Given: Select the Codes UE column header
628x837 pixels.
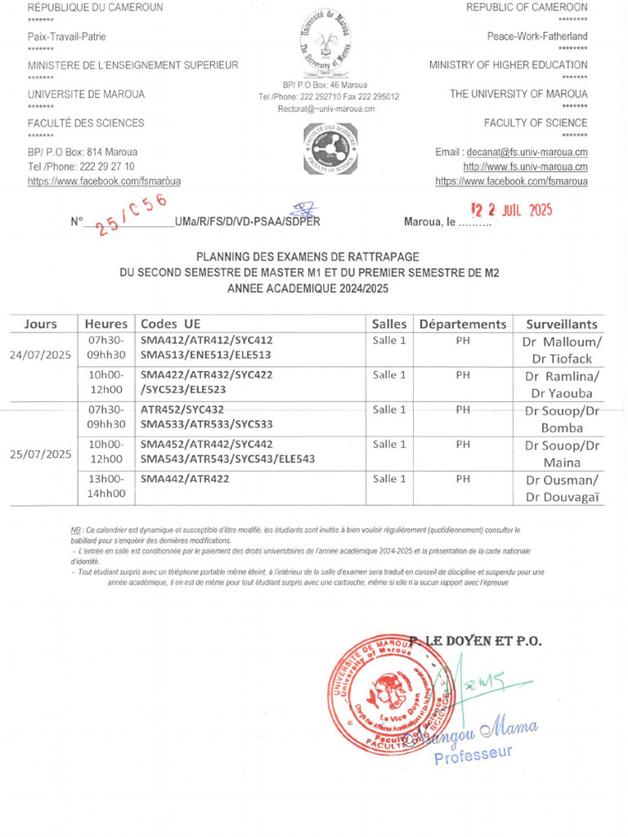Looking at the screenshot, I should (x=170, y=324).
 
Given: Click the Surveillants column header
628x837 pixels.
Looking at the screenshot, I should (x=561, y=324).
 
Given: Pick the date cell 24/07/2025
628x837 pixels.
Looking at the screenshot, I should (x=41, y=355).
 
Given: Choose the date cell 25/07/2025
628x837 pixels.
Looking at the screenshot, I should (x=41, y=454).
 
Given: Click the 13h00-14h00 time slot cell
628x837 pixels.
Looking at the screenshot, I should (x=106, y=486).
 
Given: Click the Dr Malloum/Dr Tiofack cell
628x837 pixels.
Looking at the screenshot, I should (x=562, y=350).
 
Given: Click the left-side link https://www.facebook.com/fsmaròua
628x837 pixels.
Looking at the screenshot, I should (x=104, y=181).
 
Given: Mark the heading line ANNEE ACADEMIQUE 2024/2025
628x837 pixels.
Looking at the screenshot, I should (x=308, y=289).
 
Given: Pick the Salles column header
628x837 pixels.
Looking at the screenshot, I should (x=388, y=324).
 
